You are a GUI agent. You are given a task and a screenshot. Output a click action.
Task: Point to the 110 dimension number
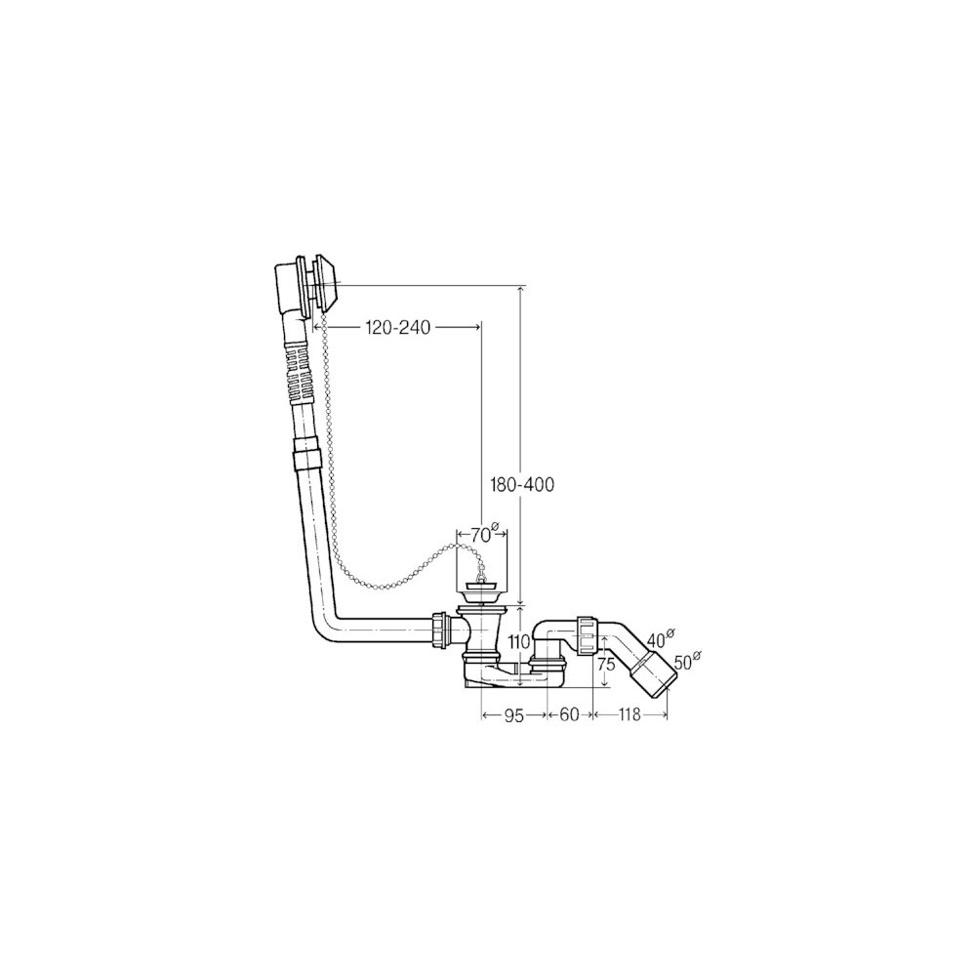pos(518,640)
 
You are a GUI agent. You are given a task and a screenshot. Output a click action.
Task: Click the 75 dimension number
pos(606,664)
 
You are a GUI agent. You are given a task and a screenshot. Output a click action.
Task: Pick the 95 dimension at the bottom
pos(513,715)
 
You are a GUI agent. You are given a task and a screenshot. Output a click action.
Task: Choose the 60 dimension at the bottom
pos(569,714)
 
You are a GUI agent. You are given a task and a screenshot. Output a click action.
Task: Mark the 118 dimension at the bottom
pos(630,715)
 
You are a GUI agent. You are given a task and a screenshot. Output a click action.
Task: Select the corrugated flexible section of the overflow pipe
pos(297,375)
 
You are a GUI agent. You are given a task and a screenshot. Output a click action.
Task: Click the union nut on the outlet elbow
pos(587,635)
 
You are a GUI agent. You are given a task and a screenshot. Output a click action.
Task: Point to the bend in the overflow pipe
pos(324,623)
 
